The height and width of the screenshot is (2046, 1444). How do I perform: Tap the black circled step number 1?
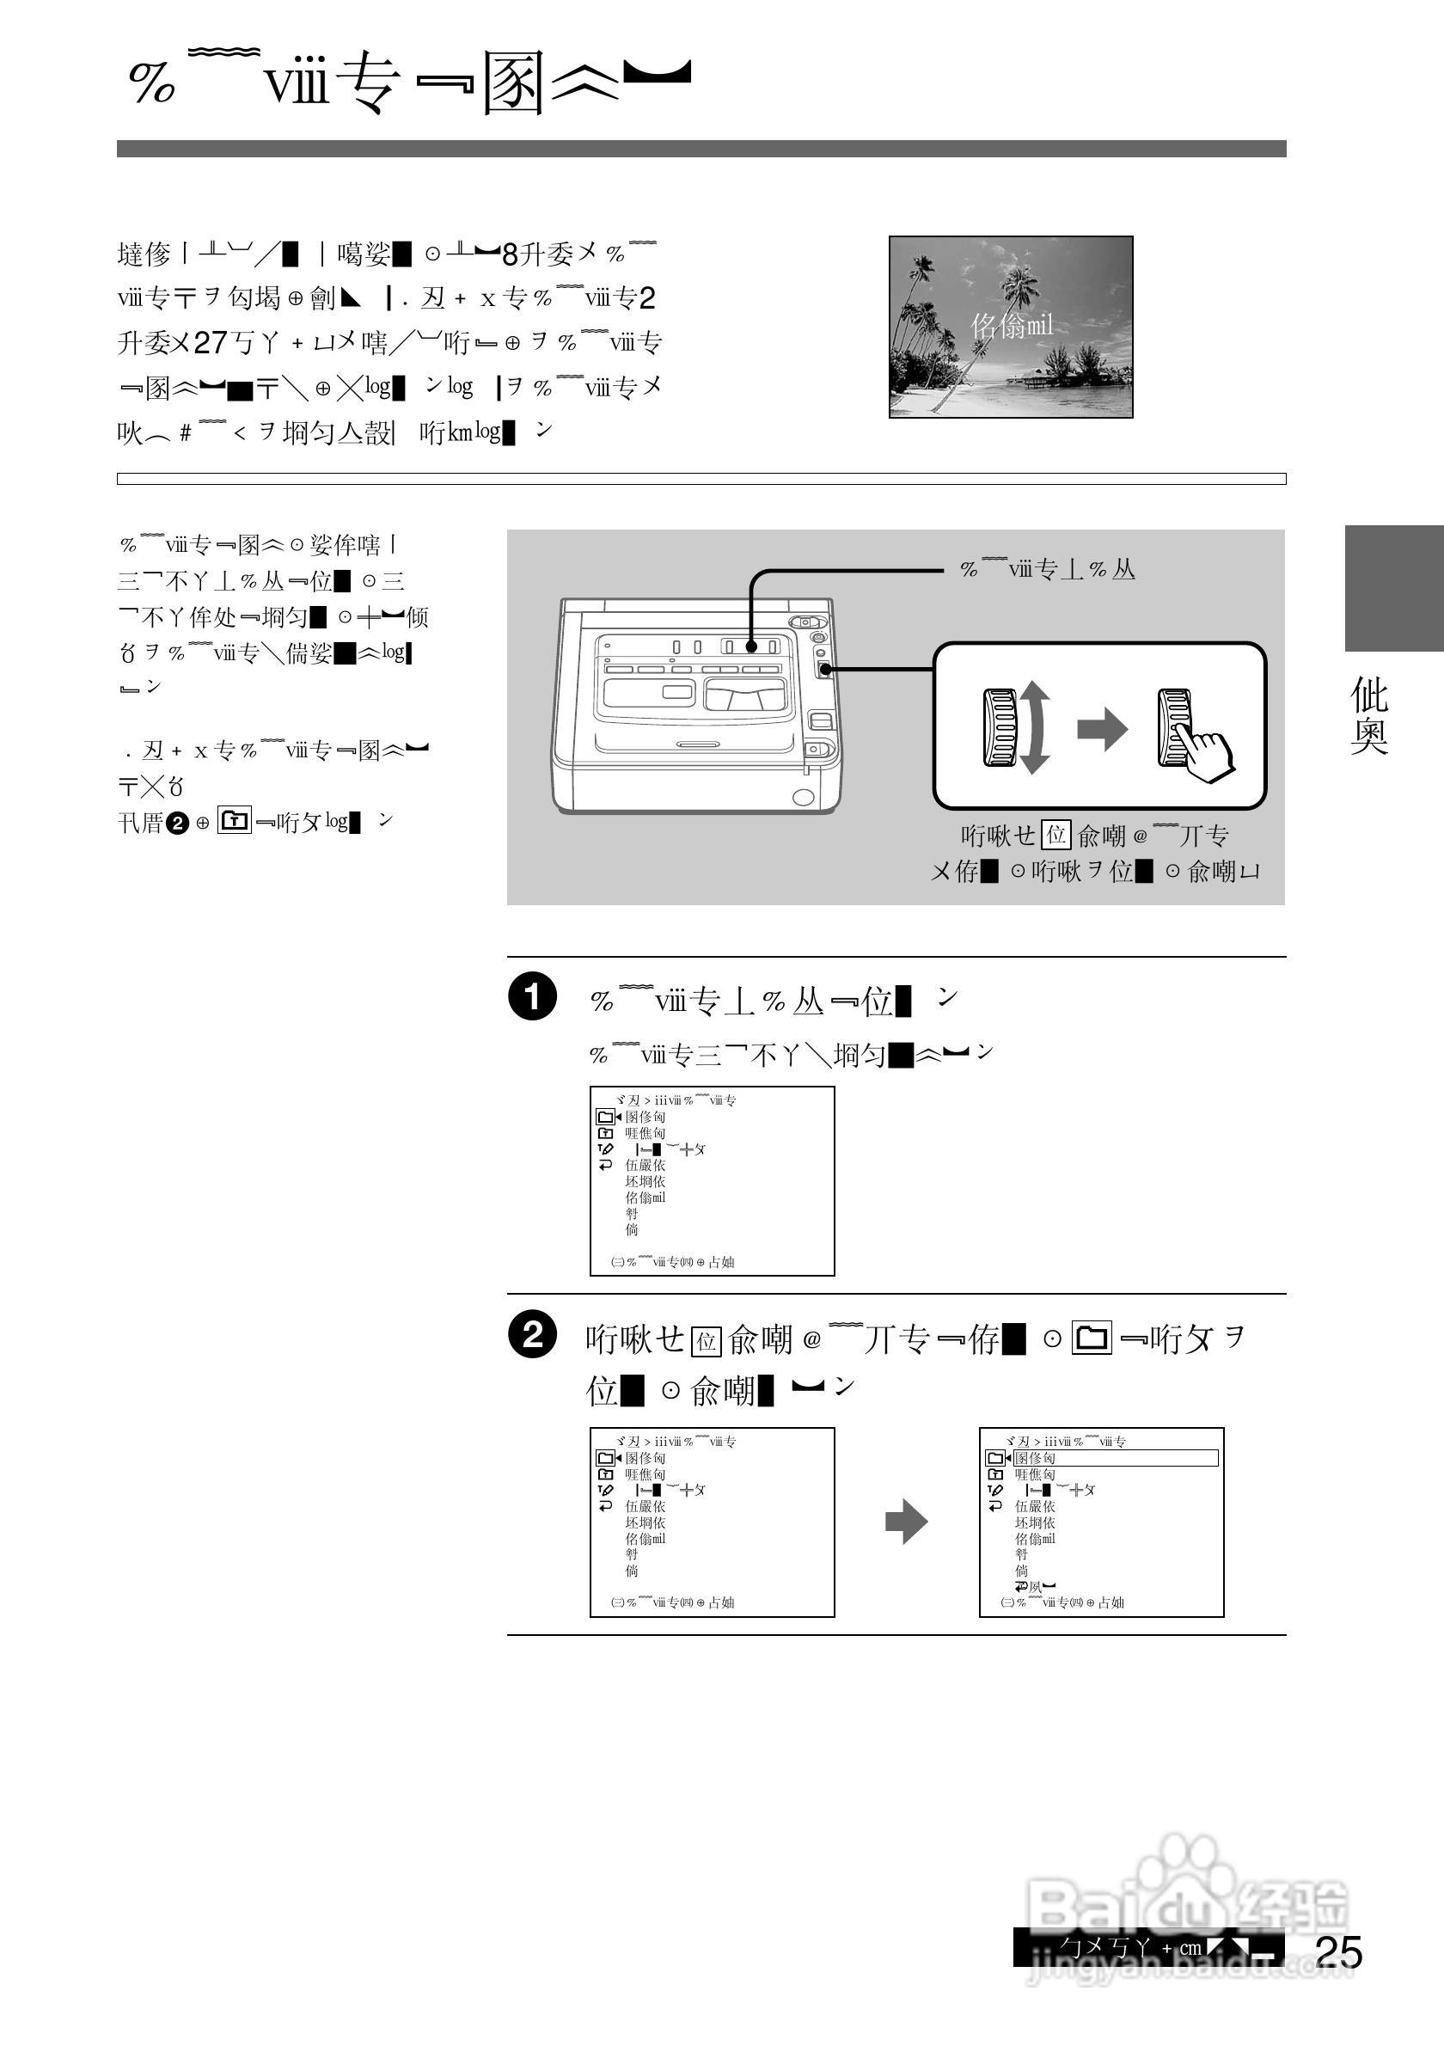533,996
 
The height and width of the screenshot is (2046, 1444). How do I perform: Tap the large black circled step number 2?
533,1335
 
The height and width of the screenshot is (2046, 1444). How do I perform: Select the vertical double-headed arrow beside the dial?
1033,728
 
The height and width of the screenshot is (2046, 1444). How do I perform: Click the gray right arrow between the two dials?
1103,730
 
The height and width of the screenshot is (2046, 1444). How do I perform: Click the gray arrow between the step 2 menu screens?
906,1521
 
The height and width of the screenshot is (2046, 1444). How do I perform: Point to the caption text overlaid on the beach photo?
1011,326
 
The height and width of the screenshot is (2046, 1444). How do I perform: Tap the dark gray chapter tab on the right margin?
1393,587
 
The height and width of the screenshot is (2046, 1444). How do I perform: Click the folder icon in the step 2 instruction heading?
1092,1338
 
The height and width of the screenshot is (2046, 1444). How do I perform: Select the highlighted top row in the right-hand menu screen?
1116,1458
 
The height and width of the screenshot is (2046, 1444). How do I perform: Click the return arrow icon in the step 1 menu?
606,1165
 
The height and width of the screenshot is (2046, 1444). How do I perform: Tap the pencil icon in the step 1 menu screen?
606,1149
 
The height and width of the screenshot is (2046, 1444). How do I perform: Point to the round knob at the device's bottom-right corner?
803,797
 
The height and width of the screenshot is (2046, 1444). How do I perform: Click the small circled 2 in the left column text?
177,824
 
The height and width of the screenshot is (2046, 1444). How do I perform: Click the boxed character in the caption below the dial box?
1055,835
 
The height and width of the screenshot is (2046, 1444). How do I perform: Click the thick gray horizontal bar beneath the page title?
701,149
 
